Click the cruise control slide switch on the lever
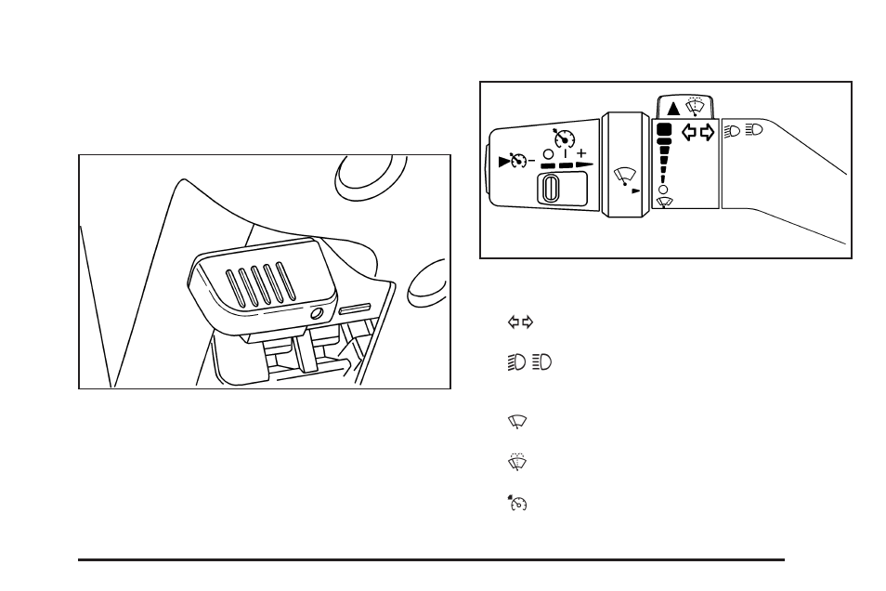point(551,190)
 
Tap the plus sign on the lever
point(581,152)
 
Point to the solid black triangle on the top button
point(673,108)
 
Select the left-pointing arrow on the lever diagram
point(689,132)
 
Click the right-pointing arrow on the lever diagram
point(708,132)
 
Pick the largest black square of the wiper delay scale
point(663,129)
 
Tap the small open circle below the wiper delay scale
point(662,189)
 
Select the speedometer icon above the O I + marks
point(563,138)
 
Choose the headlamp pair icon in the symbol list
point(528,361)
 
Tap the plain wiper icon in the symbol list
point(517,422)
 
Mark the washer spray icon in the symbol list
point(517,461)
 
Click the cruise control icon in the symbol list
point(517,503)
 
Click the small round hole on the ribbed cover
point(317,313)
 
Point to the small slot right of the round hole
point(355,308)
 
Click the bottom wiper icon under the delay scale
point(663,202)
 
